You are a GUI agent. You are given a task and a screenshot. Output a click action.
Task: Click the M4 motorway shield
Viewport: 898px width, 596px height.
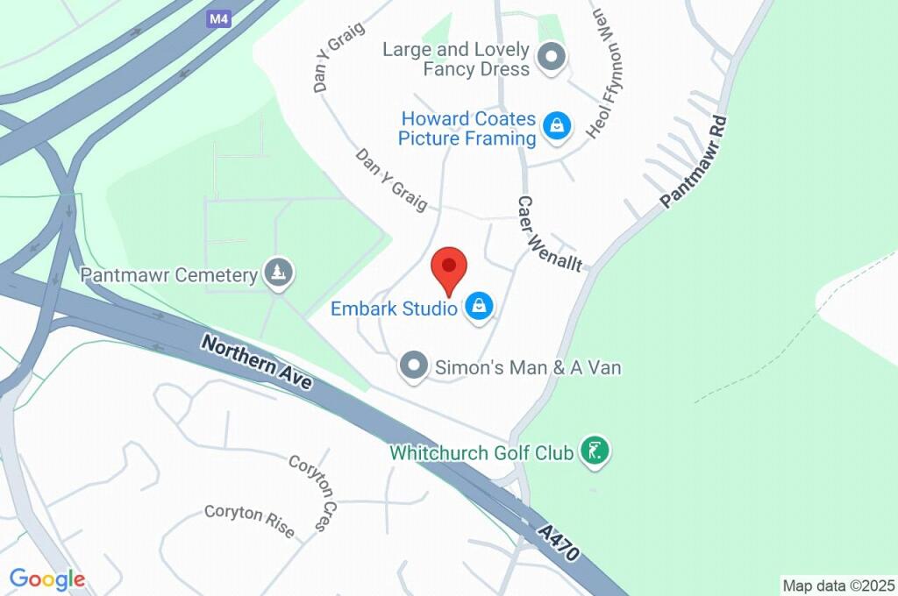(x=221, y=18)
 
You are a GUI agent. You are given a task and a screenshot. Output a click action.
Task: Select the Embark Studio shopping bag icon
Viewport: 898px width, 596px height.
(x=480, y=307)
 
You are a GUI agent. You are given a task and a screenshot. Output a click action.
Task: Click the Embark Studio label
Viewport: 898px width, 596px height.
(x=394, y=309)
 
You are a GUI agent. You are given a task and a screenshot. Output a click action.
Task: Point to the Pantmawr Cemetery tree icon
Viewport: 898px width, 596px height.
(x=279, y=273)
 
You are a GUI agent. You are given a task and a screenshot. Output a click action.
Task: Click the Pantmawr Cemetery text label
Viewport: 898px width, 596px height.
(x=168, y=275)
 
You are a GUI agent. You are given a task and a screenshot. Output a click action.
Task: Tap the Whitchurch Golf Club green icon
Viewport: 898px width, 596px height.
(x=595, y=452)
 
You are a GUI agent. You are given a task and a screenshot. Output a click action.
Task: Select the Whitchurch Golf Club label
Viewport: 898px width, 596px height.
(x=481, y=453)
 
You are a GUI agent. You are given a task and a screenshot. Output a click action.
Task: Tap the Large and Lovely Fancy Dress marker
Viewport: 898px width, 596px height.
(x=552, y=59)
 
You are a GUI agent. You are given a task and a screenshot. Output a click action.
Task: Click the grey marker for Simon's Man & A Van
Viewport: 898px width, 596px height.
(x=412, y=366)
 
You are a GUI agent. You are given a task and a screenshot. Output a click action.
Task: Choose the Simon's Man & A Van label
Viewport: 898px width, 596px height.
(x=528, y=367)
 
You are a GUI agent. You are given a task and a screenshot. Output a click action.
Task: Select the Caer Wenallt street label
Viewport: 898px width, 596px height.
(x=549, y=233)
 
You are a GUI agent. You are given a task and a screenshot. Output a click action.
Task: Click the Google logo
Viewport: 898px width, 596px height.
(x=47, y=578)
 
